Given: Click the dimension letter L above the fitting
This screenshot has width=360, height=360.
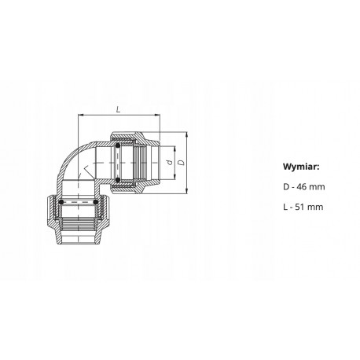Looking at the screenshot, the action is [x=119, y=109].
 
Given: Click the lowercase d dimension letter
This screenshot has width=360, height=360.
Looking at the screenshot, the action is [x=170, y=163].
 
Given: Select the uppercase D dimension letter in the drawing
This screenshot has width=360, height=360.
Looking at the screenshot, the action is [x=181, y=163].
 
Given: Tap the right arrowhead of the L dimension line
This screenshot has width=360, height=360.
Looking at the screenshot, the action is [x=157, y=115].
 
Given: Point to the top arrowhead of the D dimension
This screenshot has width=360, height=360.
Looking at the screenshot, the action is [x=186, y=134].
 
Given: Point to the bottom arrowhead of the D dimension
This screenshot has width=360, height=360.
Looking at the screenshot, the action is [x=186, y=191].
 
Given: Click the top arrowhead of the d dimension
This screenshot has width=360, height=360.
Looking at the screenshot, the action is [x=174, y=149].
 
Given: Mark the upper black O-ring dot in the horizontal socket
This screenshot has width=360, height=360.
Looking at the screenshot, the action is [x=118, y=145].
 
